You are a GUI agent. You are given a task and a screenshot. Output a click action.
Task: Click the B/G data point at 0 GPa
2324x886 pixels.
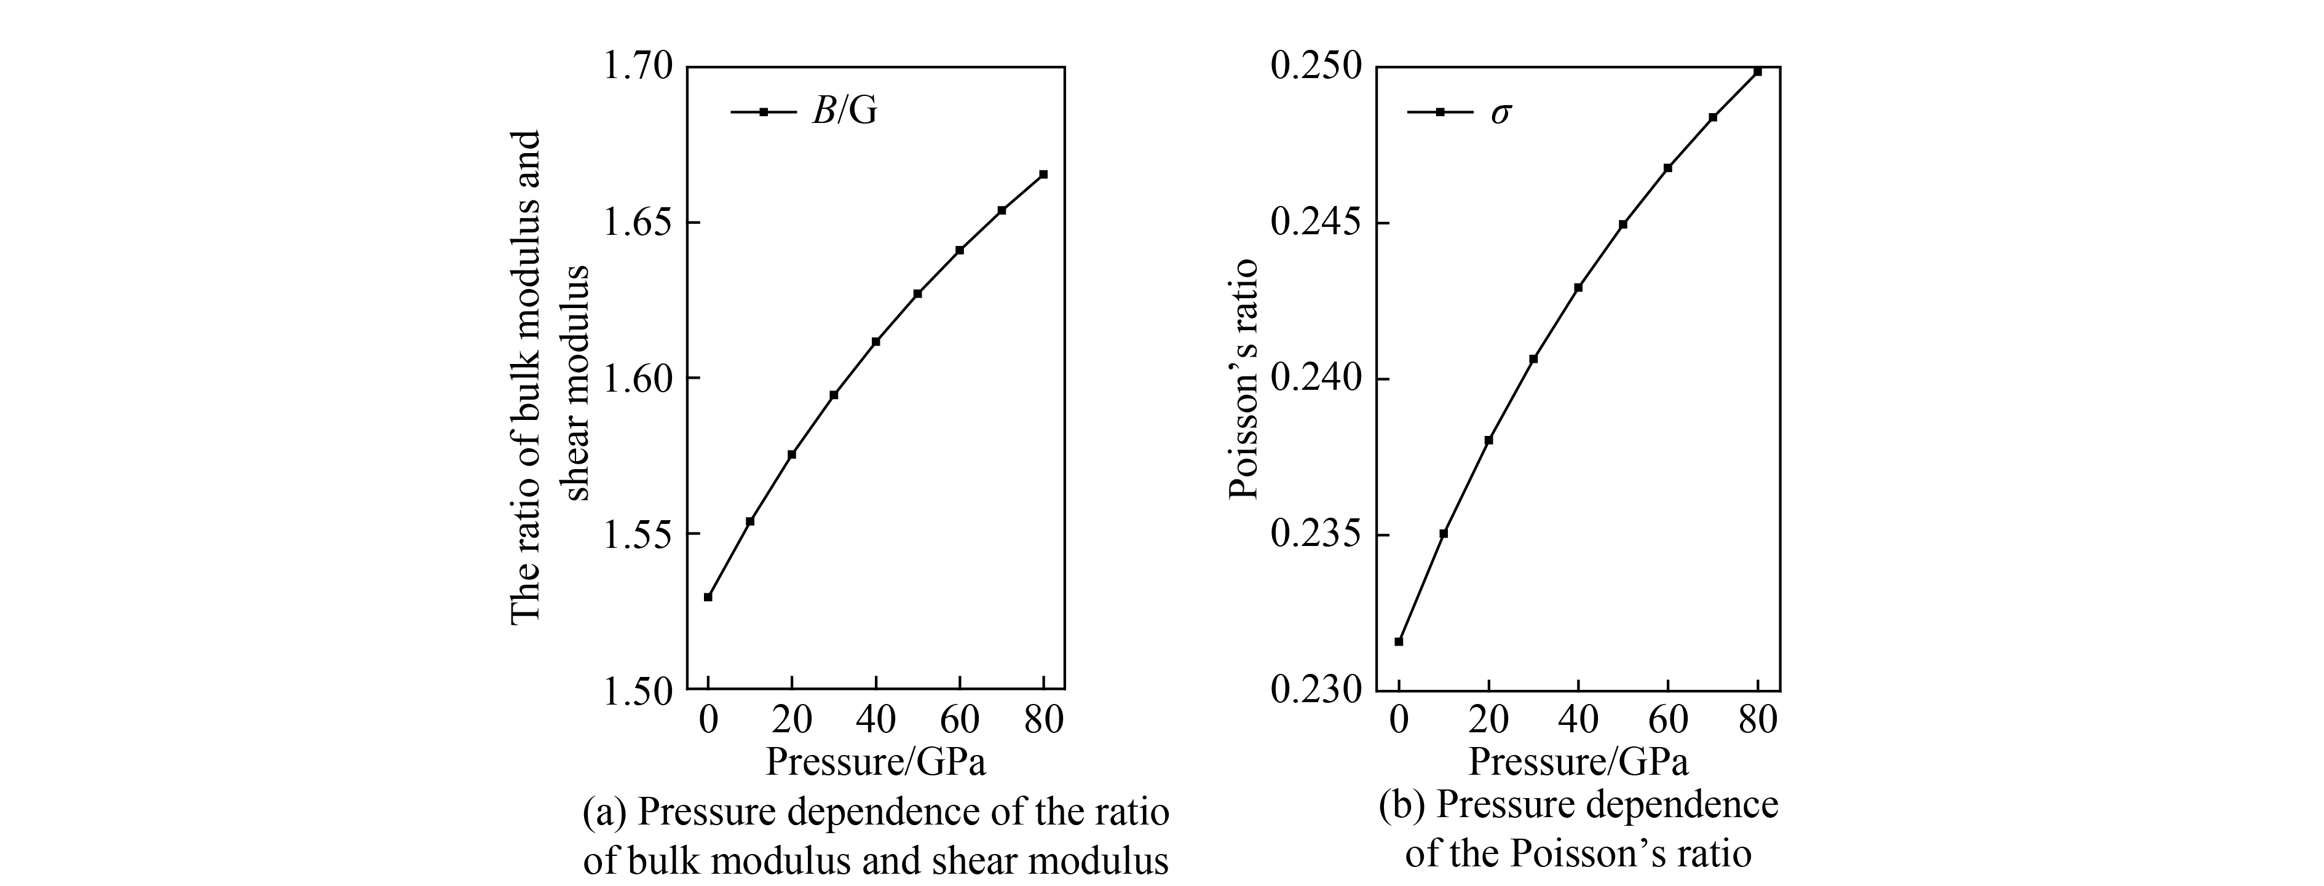pyautogui.click(x=708, y=596)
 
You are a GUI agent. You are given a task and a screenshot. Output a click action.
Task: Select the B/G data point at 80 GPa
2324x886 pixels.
pyautogui.click(x=1043, y=174)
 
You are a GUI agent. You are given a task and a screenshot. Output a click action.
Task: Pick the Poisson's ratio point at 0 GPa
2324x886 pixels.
pyautogui.click(x=1398, y=641)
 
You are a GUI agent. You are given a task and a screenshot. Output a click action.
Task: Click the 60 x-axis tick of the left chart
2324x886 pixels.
pyautogui.click(x=959, y=720)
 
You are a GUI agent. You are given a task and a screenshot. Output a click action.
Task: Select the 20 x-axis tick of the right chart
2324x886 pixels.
pyautogui.click(x=1488, y=720)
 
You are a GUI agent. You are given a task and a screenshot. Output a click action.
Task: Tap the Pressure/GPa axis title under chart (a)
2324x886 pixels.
pyautogui.click(x=875, y=762)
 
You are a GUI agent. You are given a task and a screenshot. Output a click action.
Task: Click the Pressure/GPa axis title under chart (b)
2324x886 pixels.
pyautogui.click(x=1578, y=762)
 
